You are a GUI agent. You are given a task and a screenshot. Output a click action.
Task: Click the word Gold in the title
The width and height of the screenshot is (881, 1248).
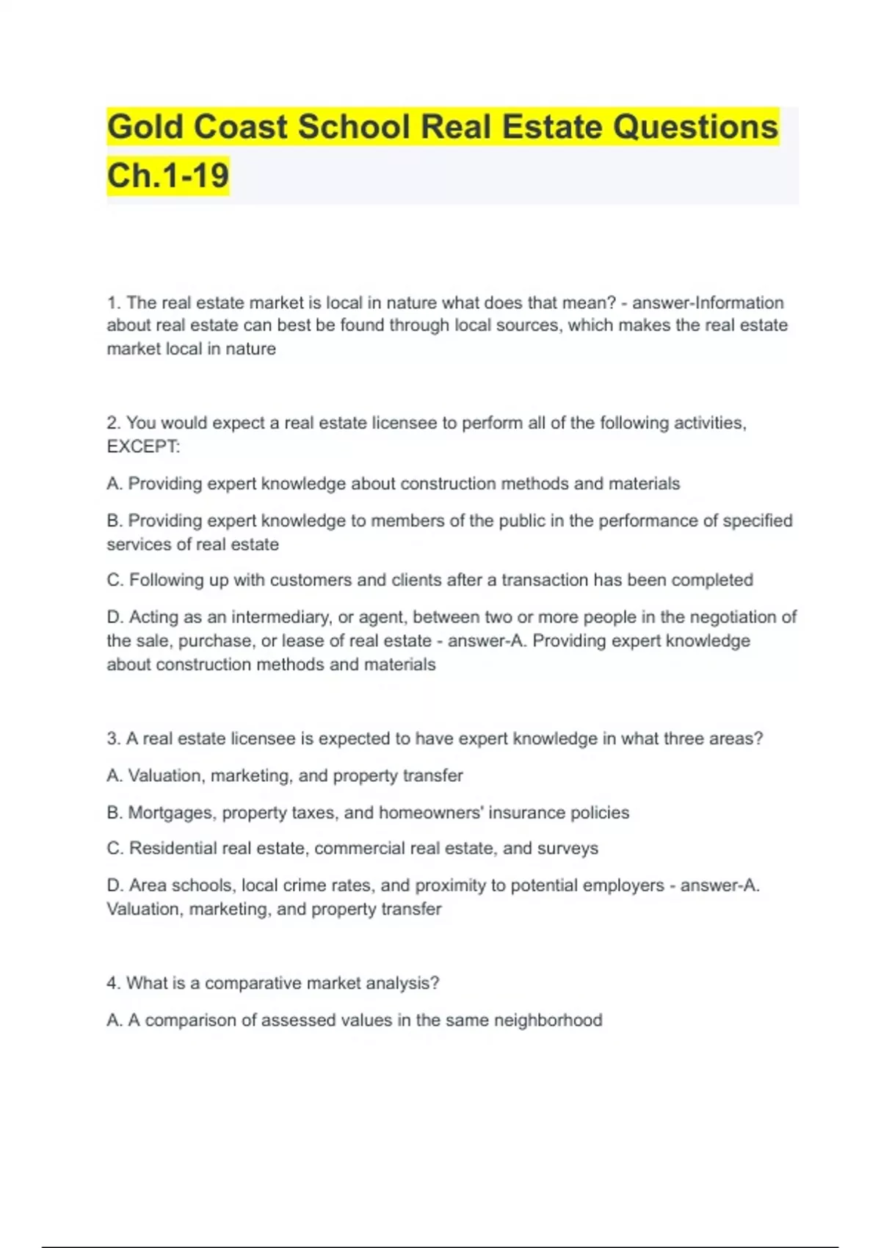point(145,127)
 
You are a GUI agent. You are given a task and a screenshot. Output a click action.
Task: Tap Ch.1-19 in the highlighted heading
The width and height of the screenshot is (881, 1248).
point(168,176)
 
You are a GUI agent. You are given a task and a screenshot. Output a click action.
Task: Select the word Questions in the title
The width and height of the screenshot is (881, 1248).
point(695,127)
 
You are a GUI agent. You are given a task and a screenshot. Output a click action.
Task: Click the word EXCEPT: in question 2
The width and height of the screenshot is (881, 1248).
point(143,446)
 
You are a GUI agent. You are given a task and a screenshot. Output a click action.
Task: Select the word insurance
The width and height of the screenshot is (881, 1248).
point(527,813)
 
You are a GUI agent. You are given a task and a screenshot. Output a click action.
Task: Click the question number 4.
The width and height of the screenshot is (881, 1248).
point(112,983)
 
